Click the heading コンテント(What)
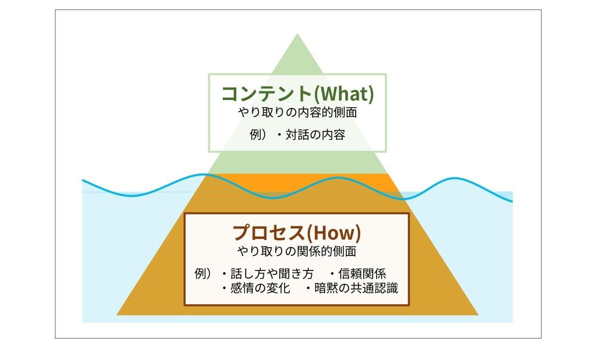(298, 93)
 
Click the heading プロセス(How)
(297, 233)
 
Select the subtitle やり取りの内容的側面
(298, 112)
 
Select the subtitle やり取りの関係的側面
(297, 251)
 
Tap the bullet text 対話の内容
(315, 134)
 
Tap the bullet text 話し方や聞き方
(272, 273)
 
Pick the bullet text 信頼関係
(362, 273)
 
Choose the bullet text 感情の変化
(260, 288)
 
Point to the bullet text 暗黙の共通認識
(356, 288)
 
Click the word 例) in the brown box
(203, 273)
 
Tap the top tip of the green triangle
(297, 33)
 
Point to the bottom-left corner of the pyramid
(117, 315)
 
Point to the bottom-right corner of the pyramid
(478, 315)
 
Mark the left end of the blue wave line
(82, 179)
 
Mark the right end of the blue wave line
(512, 201)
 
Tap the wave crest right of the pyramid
(454, 178)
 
